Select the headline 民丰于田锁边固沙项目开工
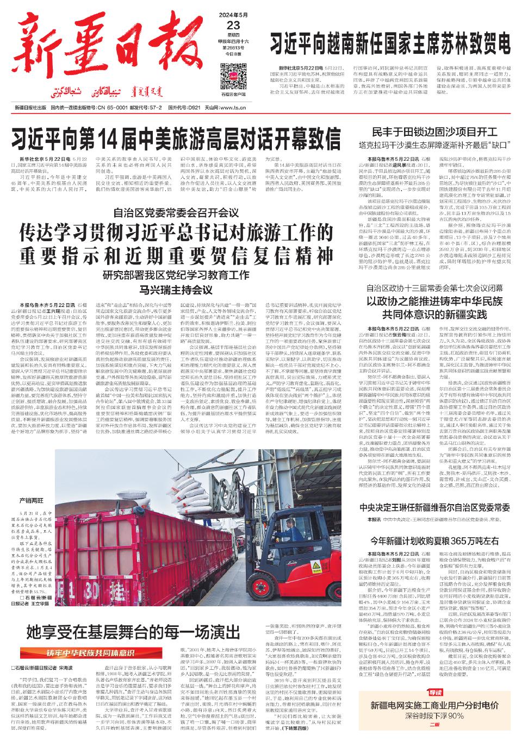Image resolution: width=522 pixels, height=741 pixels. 434,133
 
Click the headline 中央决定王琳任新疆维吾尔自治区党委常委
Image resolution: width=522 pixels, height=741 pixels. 434,508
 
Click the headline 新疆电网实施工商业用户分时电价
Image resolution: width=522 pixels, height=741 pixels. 434,706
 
